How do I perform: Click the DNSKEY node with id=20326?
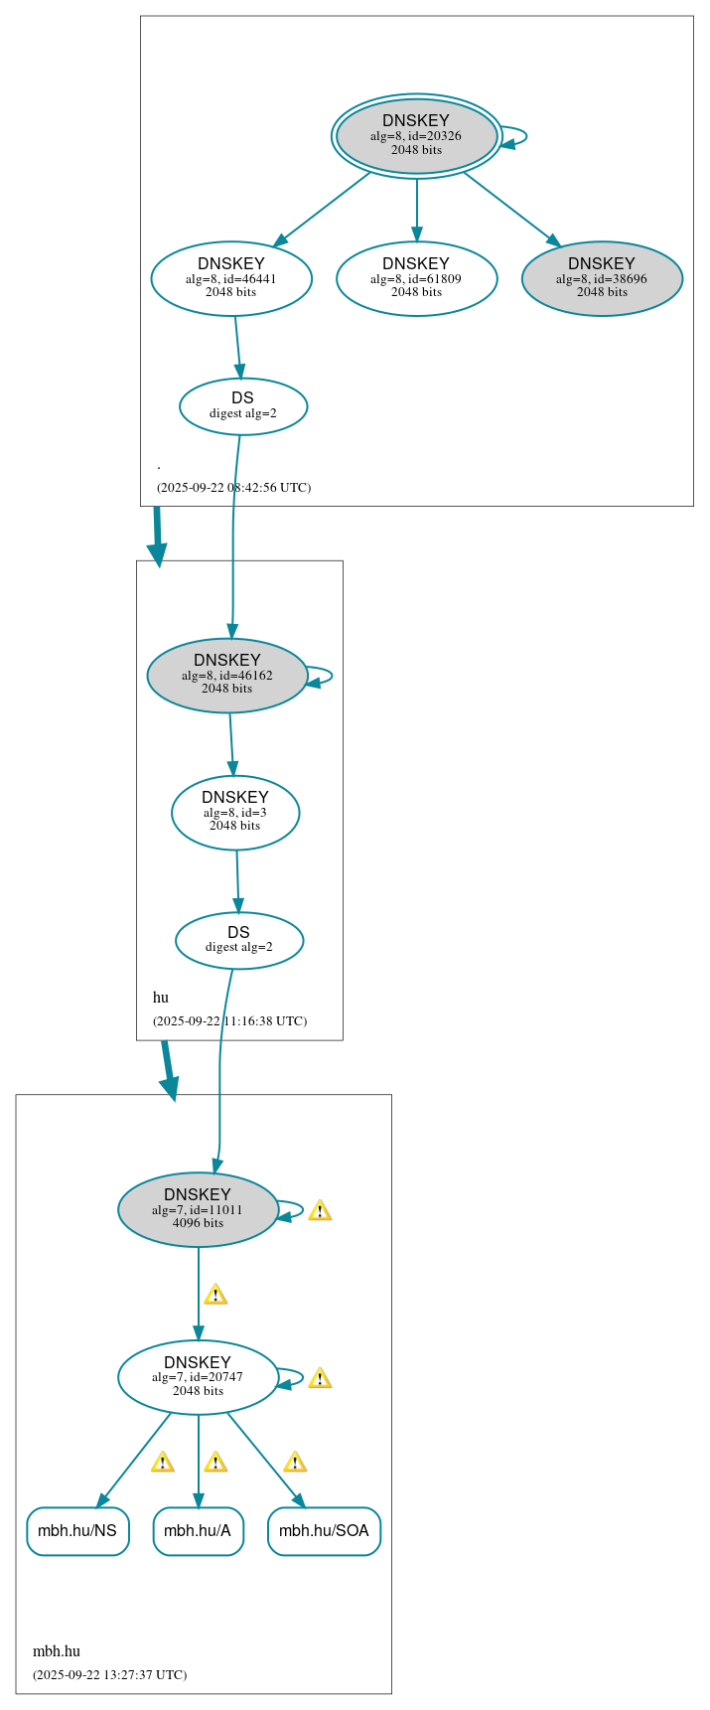tap(416, 136)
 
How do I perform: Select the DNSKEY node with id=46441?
tap(231, 278)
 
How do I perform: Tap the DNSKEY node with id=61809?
tap(416, 278)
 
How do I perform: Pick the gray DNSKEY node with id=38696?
tap(602, 278)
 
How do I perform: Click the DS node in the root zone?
tap(243, 405)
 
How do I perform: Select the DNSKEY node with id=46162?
tap(227, 675)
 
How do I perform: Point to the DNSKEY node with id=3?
tap(235, 812)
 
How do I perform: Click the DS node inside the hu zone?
tap(239, 939)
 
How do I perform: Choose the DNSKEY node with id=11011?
tap(198, 1209)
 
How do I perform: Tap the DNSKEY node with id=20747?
tap(198, 1377)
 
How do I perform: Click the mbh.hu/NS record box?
tap(77, 1531)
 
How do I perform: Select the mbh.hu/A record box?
tap(198, 1531)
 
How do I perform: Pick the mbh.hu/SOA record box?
tap(324, 1531)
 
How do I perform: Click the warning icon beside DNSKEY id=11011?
tap(320, 1210)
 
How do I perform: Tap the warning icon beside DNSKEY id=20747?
tap(320, 1378)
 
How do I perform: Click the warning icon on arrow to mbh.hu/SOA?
tap(295, 1462)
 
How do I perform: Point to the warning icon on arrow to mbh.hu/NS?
tap(163, 1462)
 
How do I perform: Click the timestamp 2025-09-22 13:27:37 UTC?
tap(110, 1674)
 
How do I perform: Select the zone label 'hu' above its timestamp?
tap(161, 998)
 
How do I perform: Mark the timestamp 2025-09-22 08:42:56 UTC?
tap(234, 487)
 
